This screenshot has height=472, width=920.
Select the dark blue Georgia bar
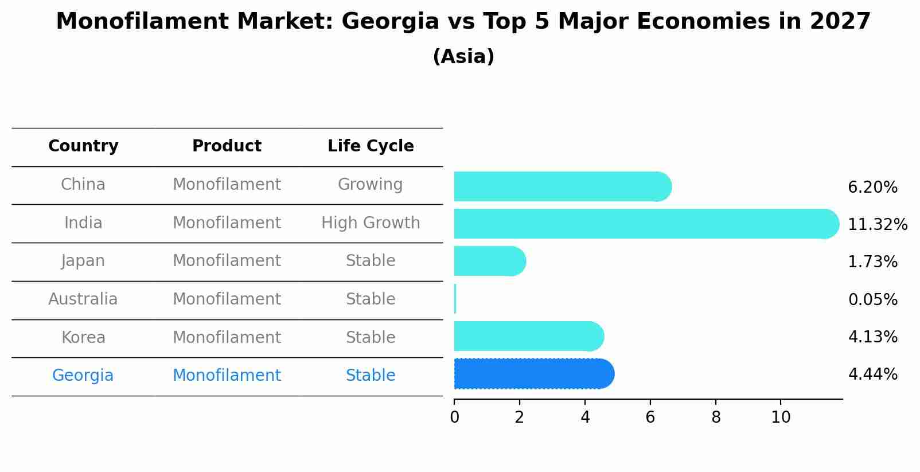533,374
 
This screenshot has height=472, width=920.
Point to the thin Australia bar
455,299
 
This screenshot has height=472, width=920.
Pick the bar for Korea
528,336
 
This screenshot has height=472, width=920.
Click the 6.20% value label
872,188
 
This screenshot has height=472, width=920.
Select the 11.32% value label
877,225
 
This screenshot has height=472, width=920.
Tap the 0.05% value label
872,299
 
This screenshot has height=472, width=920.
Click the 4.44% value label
872,375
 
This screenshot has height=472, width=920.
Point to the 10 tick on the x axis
781,418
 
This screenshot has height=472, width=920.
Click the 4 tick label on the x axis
584,418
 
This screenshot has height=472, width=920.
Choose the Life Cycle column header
371,146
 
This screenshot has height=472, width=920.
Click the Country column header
83,146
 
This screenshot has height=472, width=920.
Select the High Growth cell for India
371,223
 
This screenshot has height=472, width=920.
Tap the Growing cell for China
370,185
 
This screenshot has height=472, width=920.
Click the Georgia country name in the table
83,376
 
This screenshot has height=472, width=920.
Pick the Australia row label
83,299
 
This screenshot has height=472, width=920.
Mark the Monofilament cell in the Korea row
227,338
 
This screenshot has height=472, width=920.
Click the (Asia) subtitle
463,57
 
